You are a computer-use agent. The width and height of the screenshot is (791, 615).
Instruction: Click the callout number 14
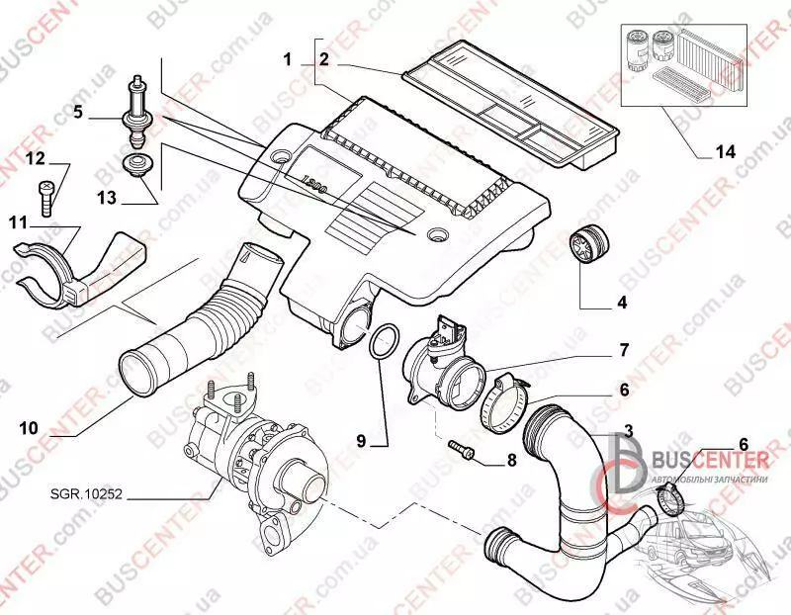click(725, 151)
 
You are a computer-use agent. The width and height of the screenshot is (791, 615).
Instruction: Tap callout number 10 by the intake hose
click(29, 428)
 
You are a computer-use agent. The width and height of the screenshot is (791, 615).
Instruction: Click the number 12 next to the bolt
click(36, 158)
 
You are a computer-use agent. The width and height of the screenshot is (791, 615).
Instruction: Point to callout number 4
click(623, 302)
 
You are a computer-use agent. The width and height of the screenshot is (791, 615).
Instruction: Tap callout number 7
click(624, 350)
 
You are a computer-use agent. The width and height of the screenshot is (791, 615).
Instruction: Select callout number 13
click(106, 199)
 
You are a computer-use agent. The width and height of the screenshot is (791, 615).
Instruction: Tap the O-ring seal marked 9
click(383, 345)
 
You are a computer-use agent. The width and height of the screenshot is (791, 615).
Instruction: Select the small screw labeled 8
click(462, 451)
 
